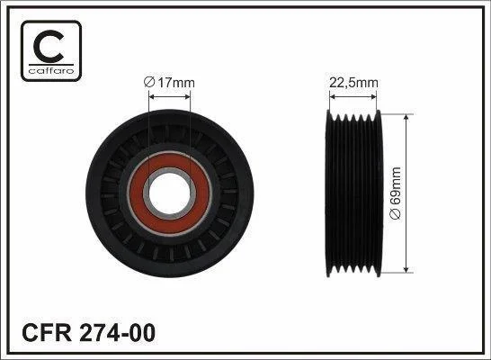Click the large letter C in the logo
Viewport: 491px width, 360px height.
(49, 47)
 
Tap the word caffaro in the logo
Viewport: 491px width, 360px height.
(51, 70)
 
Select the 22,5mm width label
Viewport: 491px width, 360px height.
(353, 83)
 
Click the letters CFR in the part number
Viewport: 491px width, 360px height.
(47, 333)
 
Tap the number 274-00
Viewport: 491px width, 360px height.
(118, 333)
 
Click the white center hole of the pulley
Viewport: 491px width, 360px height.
(170, 193)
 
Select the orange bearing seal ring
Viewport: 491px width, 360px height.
(170, 193)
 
